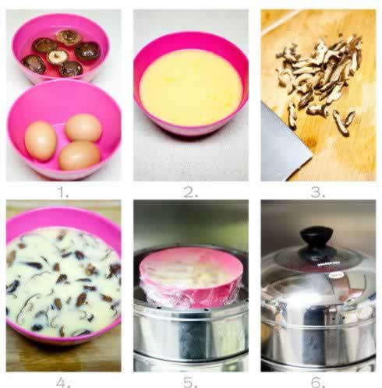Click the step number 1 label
click(x=62, y=193)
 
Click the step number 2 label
click(x=191, y=193)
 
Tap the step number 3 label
click(x=318, y=193)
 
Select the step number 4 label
click(x=63, y=383)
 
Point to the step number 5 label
click(x=190, y=383)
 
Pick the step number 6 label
click(x=318, y=383)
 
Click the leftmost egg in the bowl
click(x=41, y=141)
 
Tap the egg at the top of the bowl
click(x=83, y=128)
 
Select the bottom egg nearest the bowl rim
click(x=80, y=156)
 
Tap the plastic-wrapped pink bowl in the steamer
click(x=191, y=277)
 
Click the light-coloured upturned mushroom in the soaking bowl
click(x=58, y=57)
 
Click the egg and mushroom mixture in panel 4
click(x=63, y=282)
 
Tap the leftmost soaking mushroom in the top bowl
click(x=34, y=64)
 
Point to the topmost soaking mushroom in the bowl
click(x=69, y=37)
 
